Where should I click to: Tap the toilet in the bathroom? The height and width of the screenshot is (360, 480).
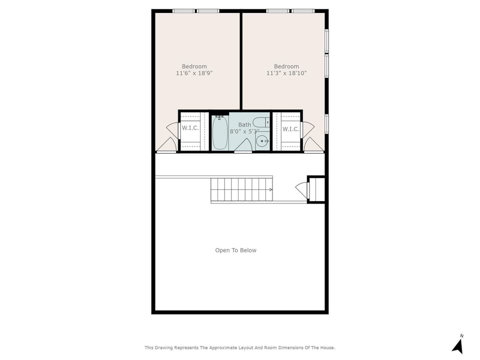(x=261, y=122)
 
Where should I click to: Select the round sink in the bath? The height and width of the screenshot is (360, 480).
(x=262, y=141)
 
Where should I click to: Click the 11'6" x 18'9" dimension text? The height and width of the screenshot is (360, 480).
(x=194, y=73)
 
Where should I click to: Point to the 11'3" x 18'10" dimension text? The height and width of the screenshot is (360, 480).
(x=286, y=73)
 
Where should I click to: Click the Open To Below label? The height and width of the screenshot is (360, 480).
(x=235, y=250)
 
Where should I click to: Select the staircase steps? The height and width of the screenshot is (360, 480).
(x=241, y=190)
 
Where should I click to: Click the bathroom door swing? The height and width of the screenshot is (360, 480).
(x=243, y=145)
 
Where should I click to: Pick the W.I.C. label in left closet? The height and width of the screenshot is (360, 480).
(x=190, y=128)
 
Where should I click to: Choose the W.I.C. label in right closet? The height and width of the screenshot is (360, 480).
(x=290, y=129)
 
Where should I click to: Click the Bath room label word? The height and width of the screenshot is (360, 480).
(x=244, y=124)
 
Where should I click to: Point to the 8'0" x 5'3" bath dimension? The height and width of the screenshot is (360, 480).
(x=244, y=131)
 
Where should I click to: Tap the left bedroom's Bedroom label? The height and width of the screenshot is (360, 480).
(x=194, y=66)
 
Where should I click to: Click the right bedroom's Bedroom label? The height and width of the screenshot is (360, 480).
(x=286, y=66)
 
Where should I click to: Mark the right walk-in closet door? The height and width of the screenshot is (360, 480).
(x=307, y=129)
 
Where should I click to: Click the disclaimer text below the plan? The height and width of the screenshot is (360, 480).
(x=239, y=348)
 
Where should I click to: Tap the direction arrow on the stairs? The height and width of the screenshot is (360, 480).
(x=270, y=190)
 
